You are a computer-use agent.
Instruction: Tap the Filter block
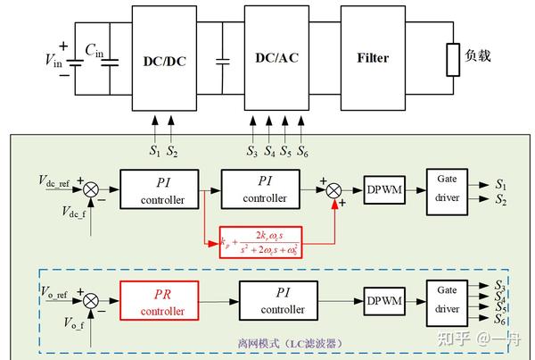[373, 59]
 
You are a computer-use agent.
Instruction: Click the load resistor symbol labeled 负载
[452, 57]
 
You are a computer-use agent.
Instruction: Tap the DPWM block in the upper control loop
[386, 189]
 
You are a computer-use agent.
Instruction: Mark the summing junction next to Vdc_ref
[90, 189]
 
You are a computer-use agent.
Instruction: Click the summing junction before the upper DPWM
[334, 189]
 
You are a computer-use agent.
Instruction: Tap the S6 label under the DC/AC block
[303, 151]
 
